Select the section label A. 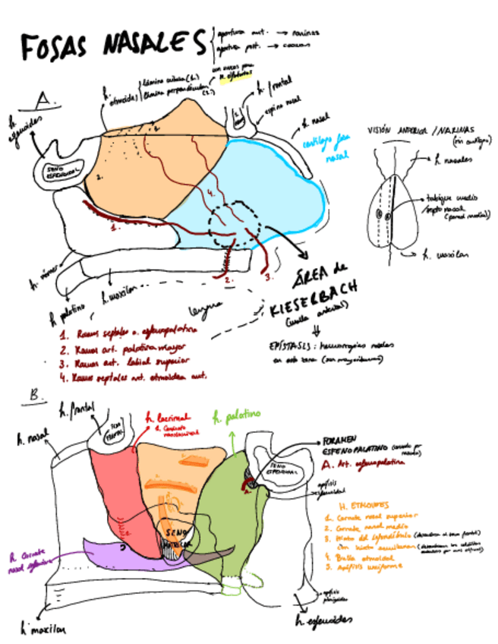click(44, 99)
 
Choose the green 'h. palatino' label click(237, 415)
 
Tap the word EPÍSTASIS click(288, 345)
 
